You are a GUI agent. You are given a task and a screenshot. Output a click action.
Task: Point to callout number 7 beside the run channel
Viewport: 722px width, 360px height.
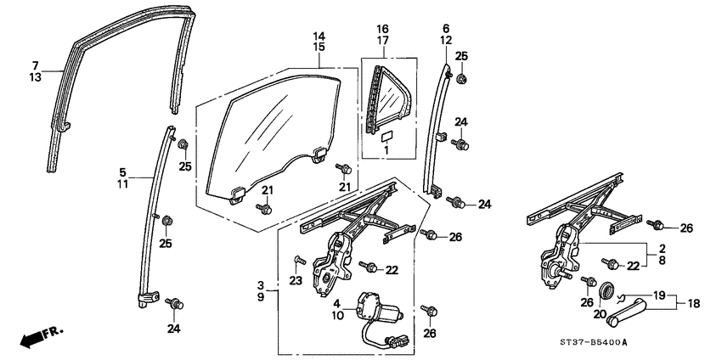tap(36, 65)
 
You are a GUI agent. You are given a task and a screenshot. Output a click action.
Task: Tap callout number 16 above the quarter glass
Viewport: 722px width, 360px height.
tap(383, 29)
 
